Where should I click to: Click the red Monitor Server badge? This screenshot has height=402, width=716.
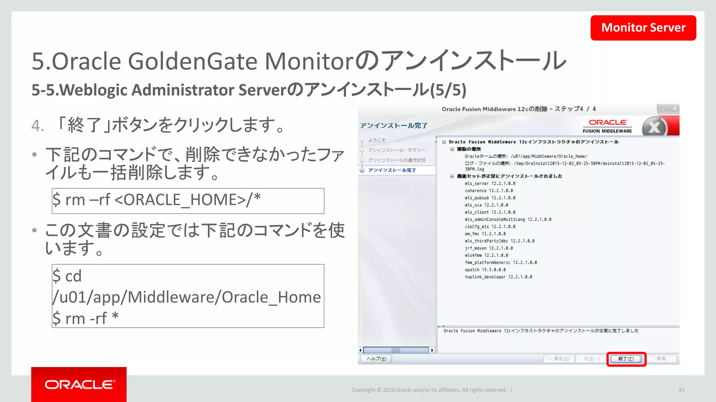[x=643, y=28]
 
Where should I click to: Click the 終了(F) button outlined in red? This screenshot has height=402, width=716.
[x=626, y=359]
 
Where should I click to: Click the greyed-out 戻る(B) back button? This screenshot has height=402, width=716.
[x=559, y=359]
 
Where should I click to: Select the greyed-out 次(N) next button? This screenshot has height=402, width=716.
[x=591, y=359]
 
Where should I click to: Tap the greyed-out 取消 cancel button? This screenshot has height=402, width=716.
[x=661, y=359]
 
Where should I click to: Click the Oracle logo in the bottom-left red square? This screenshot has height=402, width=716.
[x=79, y=385]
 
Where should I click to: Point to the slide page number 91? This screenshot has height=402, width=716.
[x=681, y=390]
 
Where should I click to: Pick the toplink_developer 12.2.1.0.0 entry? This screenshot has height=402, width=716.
[x=498, y=277]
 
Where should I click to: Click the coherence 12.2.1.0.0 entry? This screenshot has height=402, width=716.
[x=489, y=191]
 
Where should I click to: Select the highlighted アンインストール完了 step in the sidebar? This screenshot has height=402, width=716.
[x=392, y=170]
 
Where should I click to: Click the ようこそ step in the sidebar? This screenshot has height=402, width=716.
[x=377, y=140]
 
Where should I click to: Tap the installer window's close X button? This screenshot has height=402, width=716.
[x=674, y=109]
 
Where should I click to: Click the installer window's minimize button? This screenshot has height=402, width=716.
[x=663, y=109]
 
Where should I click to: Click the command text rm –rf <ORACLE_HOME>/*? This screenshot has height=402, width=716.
[x=157, y=200]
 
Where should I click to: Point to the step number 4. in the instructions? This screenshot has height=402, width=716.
[x=38, y=126]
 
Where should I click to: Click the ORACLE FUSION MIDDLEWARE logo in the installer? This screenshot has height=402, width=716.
[x=607, y=126]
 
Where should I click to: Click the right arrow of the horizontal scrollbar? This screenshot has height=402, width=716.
[x=432, y=350]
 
